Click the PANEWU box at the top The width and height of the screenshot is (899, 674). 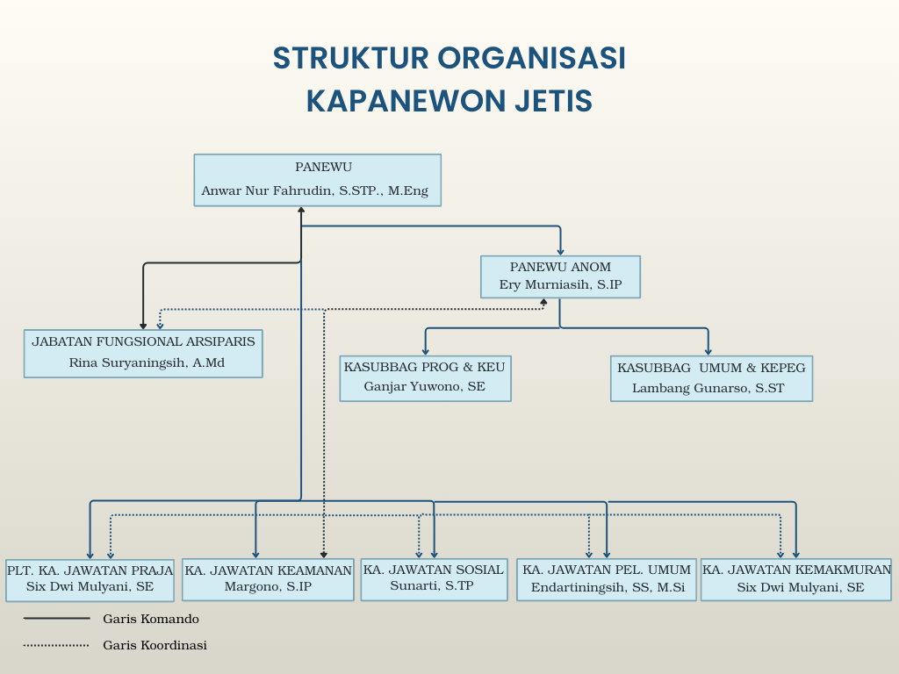click(x=317, y=180)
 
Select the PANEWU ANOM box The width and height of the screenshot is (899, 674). click(x=560, y=276)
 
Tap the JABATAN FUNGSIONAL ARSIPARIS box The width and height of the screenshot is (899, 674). click(x=143, y=353)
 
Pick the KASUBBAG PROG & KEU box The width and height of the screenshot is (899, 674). click(x=425, y=377)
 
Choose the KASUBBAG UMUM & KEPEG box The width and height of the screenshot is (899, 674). click(x=711, y=377)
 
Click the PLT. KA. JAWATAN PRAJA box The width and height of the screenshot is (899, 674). click(x=90, y=579)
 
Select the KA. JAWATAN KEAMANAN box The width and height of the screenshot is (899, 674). click(x=268, y=579)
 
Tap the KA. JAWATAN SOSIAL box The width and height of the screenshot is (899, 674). click(x=434, y=579)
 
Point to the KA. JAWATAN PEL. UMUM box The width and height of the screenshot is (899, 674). click(x=607, y=579)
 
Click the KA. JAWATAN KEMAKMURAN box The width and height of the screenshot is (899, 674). click(x=796, y=579)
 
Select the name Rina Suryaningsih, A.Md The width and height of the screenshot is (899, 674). click(x=147, y=362)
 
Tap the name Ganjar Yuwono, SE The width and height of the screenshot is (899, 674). click(x=425, y=387)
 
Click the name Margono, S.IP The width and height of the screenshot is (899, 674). click(x=268, y=587)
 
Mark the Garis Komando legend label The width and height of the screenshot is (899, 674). click(x=150, y=619)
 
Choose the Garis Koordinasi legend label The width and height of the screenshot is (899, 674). click(x=155, y=645)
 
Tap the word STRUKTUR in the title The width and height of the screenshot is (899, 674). click(x=349, y=58)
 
